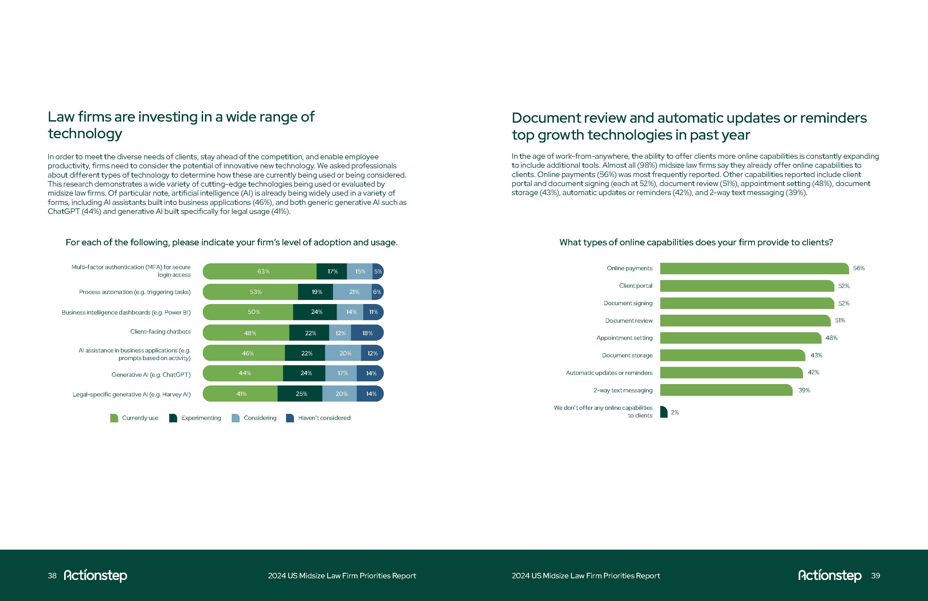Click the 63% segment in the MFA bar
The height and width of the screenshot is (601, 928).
pos(260,272)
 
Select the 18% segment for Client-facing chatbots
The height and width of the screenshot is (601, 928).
pos(367,333)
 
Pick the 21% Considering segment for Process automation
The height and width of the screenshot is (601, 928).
pos(352,292)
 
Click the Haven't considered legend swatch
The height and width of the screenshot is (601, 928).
pos(290,418)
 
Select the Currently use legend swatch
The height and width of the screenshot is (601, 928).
pos(114,418)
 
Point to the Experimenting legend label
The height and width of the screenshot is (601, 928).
pos(201,418)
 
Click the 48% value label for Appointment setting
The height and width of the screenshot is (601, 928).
pos(831,338)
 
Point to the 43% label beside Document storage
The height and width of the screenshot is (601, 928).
pos(816,355)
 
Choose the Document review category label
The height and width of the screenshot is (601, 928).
pos(629,321)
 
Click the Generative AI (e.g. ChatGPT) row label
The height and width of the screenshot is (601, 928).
pos(151,375)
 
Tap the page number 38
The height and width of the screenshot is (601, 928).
pos(52,576)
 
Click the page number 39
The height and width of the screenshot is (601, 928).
pos(875,576)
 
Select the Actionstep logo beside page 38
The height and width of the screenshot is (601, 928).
pos(96,576)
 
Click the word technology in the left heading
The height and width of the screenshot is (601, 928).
pos(85,134)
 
